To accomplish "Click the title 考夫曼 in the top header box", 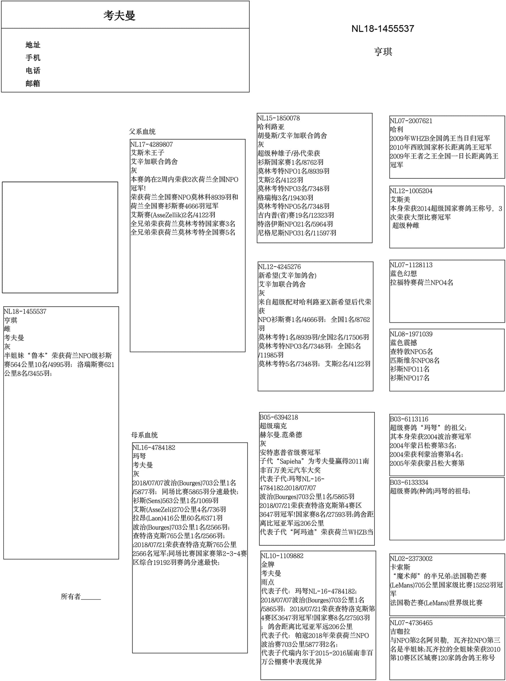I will [119, 15].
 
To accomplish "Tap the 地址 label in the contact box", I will [33, 45].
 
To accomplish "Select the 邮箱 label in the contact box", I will [33, 83].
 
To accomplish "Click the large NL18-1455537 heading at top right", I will [382, 29].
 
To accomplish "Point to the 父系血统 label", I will [142, 132].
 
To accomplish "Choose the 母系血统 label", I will [144, 435].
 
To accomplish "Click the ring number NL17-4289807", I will [152, 144].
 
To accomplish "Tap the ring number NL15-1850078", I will [278, 118].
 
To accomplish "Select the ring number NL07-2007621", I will [411, 121].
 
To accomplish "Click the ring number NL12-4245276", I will [279, 267].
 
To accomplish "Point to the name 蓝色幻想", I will [403, 274].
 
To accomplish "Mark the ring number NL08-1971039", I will [411, 334].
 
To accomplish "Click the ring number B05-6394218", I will [279, 417].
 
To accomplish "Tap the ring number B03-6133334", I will [409, 482].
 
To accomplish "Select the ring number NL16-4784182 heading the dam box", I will [154, 447].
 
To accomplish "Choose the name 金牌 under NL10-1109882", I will [268, 564].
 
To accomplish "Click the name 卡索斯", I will [400, 567].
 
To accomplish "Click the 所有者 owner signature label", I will [71, 597].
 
